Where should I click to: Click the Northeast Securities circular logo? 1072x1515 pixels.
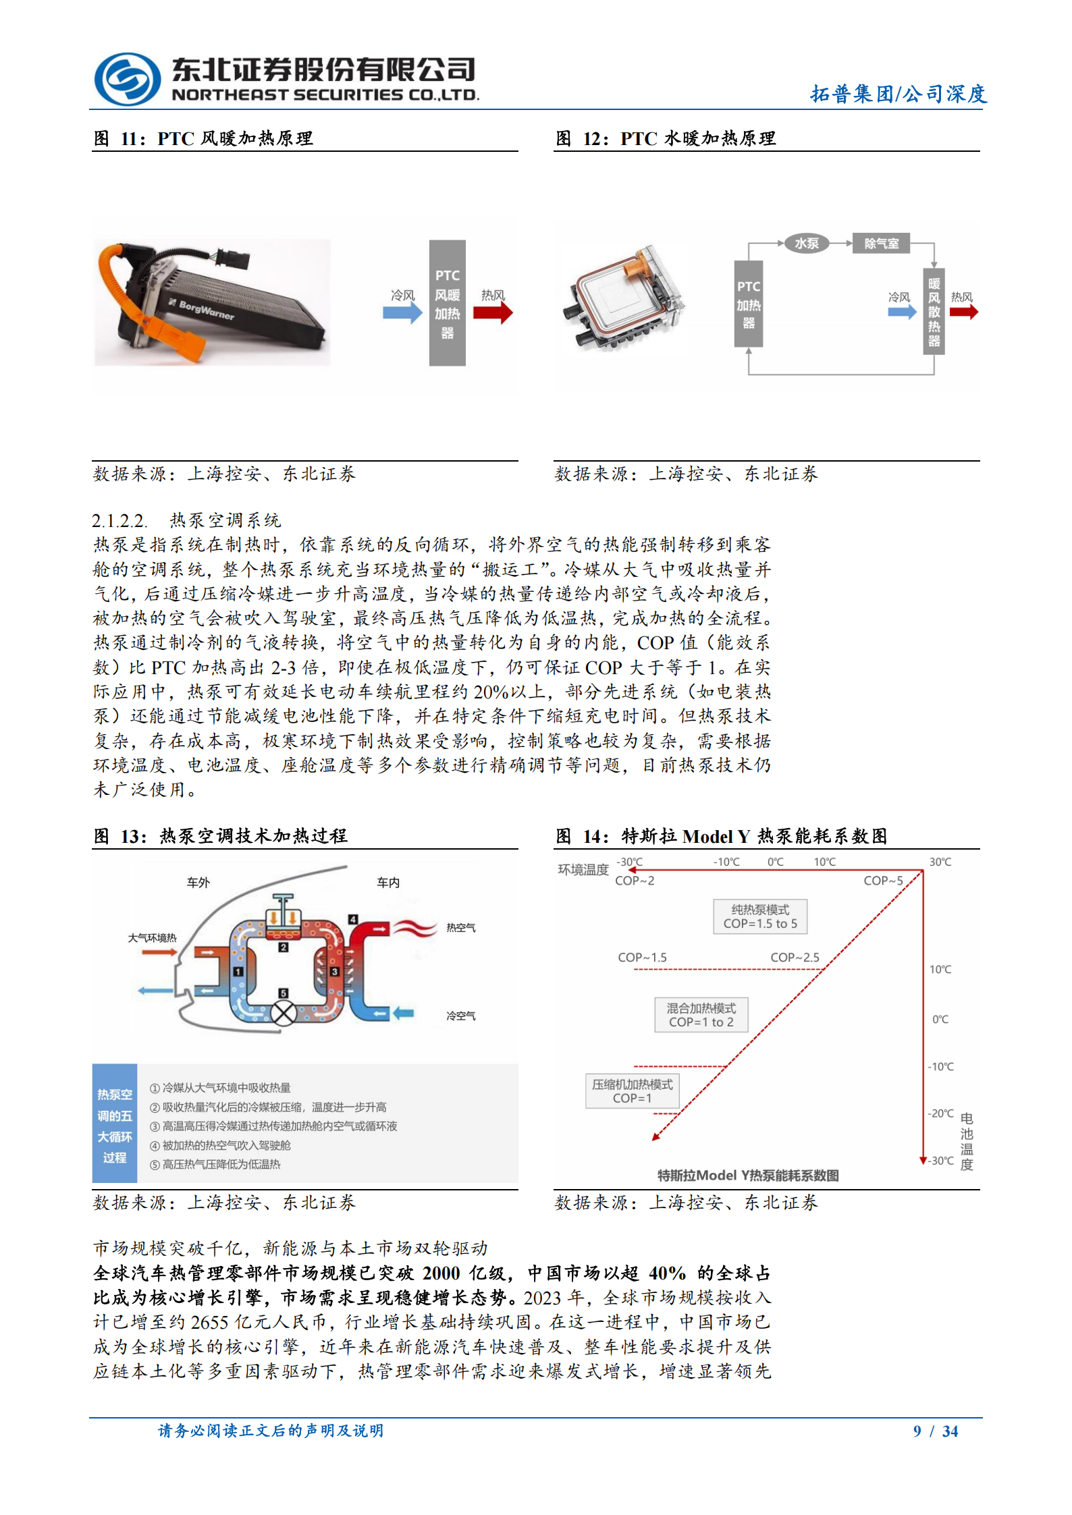tap(127, 80)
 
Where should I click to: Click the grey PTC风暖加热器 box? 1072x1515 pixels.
tap(447, 303)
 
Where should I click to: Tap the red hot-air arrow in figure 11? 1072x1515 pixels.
tap(493, 312)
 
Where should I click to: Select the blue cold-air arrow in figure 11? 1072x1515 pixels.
tap(402, 313)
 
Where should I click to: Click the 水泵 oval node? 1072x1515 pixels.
tap(806, 244)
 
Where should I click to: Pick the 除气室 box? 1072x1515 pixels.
tap(881, 244)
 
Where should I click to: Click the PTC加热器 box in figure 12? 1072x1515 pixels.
tap(748, 304)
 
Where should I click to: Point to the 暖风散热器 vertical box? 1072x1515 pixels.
tap(934, 311)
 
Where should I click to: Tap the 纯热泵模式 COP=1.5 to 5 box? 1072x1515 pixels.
tap(760, 916)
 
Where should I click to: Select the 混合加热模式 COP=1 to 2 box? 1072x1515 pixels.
tap(701, 1015)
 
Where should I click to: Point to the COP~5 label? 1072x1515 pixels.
tap(883, 881)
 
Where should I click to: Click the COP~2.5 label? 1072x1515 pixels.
tap(795, 958)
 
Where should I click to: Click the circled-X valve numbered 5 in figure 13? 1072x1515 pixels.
tap(284, 1014)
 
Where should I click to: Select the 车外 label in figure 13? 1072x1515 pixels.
tap(198, 883)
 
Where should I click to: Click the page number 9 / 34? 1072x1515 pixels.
tap(935, 1431)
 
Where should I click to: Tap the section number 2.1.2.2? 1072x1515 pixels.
tap(119, 521)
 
